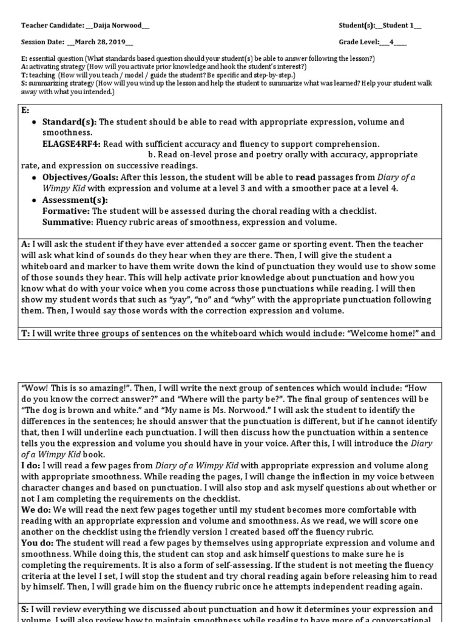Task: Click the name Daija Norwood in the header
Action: click(119, 26)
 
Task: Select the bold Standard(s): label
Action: click(70, 122)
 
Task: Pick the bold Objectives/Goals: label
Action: click(80, 177)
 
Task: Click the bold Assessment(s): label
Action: click(75, 200)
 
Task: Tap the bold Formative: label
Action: click(66, 211)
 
